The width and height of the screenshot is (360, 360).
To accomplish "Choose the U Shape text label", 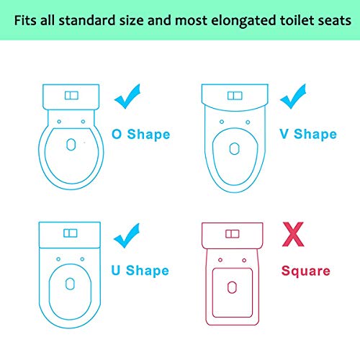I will [x=140, y=271].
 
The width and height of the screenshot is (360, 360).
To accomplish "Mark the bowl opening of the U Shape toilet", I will [x=70, y=283].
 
